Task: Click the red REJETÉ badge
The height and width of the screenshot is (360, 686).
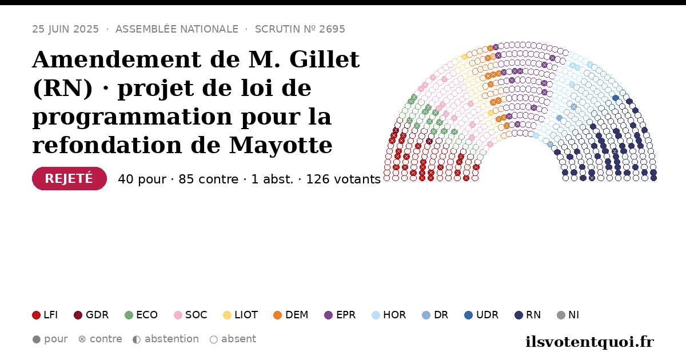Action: click(69, 178)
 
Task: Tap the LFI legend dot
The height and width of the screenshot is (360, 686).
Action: click(36, 315)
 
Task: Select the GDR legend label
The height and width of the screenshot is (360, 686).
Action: click(97, 315)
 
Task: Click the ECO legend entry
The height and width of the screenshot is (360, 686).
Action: click(141, 315)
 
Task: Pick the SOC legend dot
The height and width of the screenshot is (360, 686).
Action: click(178, 315)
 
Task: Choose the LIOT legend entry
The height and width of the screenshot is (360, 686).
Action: click(241, 315)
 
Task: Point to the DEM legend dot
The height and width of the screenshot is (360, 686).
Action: click(277, 315)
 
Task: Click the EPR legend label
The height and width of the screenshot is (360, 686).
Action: click(346, 315)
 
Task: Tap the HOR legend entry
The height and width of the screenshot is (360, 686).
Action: click(389, 315)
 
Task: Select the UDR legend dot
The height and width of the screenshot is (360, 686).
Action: click(469, 315)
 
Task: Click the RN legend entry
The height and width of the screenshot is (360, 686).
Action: click(528, 315)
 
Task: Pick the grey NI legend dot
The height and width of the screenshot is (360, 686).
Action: click(561, 315)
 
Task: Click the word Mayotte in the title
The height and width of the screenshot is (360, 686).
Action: click(281, 145)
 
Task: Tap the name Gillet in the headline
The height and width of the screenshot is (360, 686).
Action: click(324, 59)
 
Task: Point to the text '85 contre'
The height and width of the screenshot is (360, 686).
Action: click(208, 179)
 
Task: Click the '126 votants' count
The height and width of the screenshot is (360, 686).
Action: click(344, 179)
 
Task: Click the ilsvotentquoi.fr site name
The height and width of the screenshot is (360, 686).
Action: click(589, 342)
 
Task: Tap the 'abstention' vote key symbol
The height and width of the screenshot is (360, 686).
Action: click(137, 339)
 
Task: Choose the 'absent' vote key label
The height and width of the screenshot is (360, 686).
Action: click(238, 339)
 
